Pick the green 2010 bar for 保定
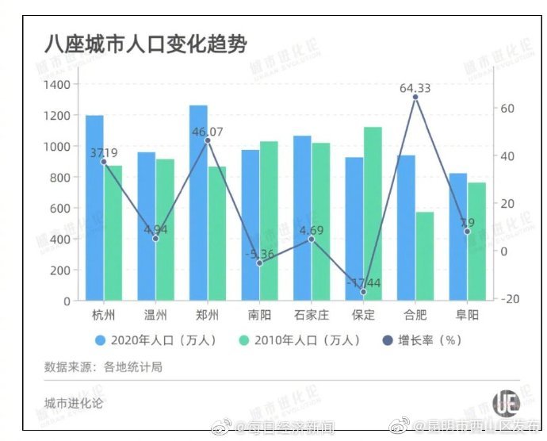click(373, 214)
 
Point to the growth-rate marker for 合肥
click(415, 98)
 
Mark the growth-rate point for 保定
click(364, 292)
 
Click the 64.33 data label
click(415, 88)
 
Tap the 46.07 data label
click(208, 132)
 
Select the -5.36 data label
click(259, 254)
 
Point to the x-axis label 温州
click(155, 315)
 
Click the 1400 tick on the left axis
click(57, 85)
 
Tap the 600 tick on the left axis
click(60, 208)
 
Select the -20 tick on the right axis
click(510, 298)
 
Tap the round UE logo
click(505, 402)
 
